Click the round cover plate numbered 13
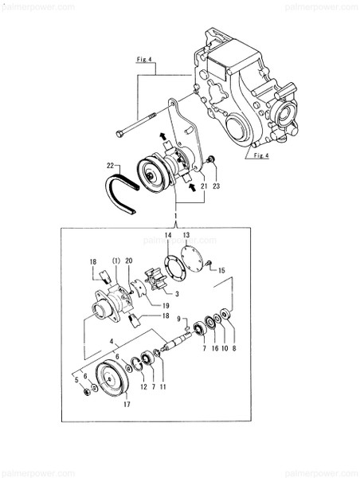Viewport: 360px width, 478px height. tap(190, 260)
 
